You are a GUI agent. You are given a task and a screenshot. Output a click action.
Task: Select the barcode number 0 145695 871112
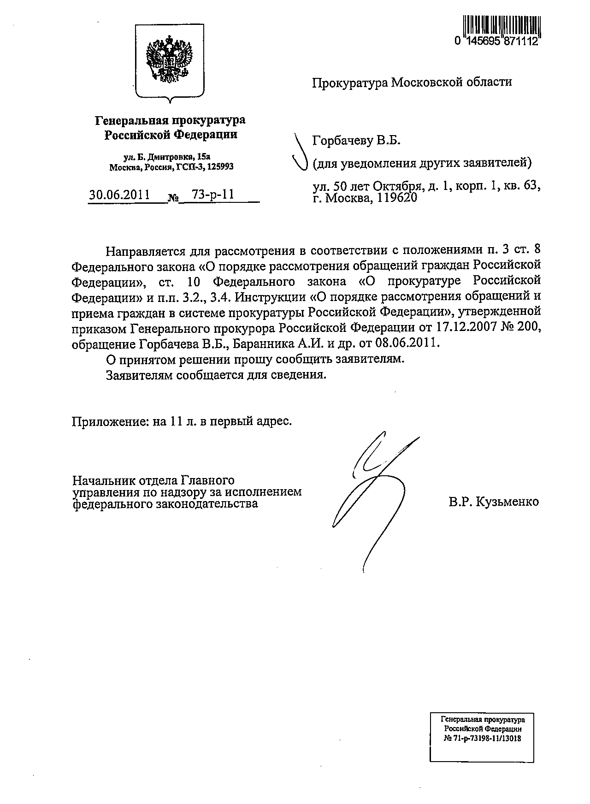coord(496,42)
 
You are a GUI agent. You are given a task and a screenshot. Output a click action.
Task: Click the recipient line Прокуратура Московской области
coord(412,83)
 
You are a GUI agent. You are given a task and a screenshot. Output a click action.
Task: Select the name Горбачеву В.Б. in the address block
coord(356,141)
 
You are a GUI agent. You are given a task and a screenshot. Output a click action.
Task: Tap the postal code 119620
coord(395,199)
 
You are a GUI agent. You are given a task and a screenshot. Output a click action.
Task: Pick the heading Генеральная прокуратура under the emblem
coord(170,121)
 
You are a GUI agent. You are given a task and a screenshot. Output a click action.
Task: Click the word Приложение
coord(106,421)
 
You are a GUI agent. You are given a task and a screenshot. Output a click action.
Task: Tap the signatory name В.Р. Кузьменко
coord(494,502)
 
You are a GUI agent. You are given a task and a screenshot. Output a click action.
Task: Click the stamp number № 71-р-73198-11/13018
coord(482,738)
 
